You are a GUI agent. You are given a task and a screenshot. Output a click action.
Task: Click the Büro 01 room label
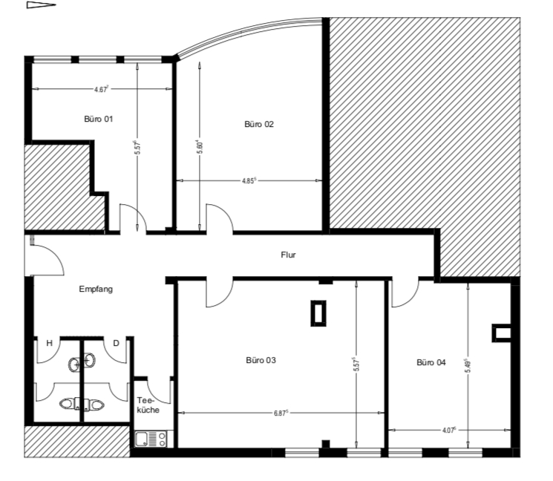[x=99, y=119]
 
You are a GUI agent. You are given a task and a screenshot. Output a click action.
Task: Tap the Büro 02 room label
[x=259, y=124]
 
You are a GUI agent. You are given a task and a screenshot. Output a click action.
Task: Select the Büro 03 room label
[x=261, y=360]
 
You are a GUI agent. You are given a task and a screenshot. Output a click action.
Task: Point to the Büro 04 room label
[x=431, y=362]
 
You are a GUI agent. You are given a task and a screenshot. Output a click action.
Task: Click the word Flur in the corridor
[x=288, y=255]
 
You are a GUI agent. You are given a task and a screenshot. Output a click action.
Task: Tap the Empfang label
[x=96, y=289]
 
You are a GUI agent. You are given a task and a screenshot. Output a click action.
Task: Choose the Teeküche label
[x=148, y=405]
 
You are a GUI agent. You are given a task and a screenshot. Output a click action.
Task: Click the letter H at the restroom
[x=50, y=343]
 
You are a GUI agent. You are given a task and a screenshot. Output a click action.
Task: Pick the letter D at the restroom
[x=116, y=343]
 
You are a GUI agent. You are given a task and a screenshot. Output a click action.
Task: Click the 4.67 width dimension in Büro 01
[x=101, y=89]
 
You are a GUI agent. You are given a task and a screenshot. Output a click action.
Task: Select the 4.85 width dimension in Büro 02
[x=249, y=180]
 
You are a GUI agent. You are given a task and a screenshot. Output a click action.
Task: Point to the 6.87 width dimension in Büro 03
[x=281, y=413]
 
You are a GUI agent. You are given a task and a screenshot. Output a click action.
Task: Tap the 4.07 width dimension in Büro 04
[x=449, y=431]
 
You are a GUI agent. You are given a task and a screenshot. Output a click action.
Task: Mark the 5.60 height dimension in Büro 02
[x=200, y=146]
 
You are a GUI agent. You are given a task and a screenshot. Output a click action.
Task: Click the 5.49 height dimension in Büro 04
[x=468, y=366]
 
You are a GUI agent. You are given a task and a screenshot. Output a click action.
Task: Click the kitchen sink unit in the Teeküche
[x=151, y=439]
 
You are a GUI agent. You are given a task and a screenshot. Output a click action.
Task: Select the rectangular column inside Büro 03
[x=318, y=313]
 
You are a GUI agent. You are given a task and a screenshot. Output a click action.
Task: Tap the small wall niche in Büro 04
[x=501, y=333]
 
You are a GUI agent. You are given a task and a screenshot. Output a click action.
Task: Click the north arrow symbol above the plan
[x=42, y=5]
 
